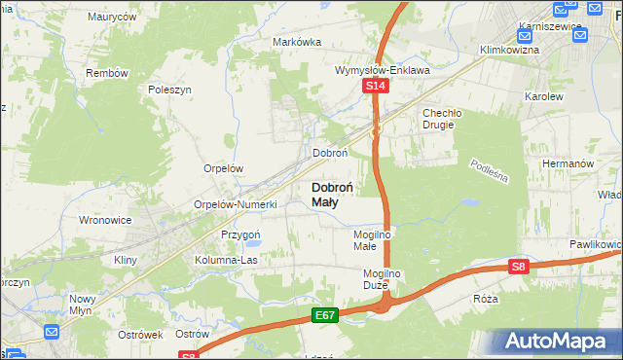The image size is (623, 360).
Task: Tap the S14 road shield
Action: [x=377, y=87]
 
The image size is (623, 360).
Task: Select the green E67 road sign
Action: [x=325, y=316]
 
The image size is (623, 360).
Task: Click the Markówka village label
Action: [x=297, y=42]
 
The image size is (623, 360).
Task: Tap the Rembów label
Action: [x=107, y=73]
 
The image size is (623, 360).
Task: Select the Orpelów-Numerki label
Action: [x=237, y=204]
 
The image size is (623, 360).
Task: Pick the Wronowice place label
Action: [x=104, y=220]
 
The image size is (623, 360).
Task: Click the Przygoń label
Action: [x=240, y=234]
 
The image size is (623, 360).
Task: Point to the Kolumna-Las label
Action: [x=225, y=260]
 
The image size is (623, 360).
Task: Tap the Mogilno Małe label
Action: [x=371, y=240]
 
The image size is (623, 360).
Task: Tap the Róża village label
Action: [x=485, y=299]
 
